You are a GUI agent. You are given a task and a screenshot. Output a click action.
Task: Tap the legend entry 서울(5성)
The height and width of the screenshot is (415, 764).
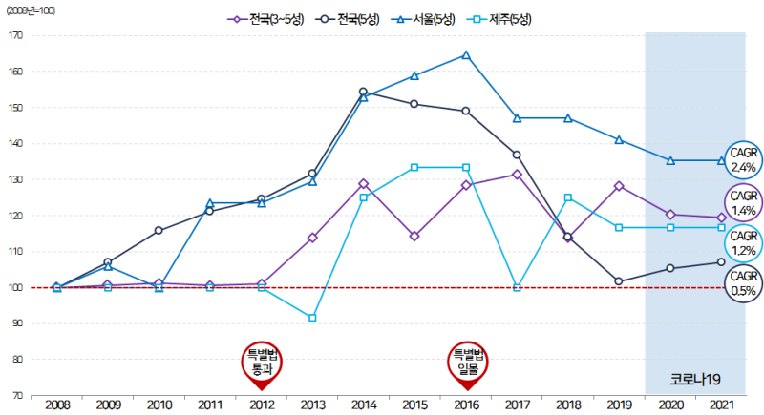click(x=424, y=19)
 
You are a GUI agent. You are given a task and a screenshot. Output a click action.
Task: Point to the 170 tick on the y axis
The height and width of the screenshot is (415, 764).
click(x=14, y=36)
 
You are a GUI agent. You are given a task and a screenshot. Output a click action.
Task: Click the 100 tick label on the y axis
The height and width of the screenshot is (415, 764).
click(x=14, y=287)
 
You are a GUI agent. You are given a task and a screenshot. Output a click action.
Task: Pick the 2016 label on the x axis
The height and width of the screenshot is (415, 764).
click(x=466, y=405)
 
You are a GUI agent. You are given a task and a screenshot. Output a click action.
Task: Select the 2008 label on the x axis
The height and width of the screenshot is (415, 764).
click(x=56, y=405)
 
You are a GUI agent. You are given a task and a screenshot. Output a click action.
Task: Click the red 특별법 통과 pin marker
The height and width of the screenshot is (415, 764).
click(x=262, y=363)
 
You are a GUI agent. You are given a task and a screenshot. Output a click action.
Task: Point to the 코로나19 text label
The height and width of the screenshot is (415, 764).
click(x=695, y=379)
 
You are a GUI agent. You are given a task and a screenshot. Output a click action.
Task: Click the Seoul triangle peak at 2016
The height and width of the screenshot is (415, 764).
click(x=466, y=54)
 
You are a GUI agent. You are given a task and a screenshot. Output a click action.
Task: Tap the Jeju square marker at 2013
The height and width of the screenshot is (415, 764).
click(x=312, y=317)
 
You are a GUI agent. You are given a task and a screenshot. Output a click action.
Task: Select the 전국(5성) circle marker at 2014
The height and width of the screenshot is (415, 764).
click(x=363, y=92)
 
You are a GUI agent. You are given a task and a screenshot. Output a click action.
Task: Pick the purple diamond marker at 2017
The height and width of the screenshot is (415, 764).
click(x=517, y=175)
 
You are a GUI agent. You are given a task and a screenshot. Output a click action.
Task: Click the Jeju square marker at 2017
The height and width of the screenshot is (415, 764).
click(x=517, y=286)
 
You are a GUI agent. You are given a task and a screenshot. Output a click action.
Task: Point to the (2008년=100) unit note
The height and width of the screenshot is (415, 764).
click(x=31, y=9)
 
